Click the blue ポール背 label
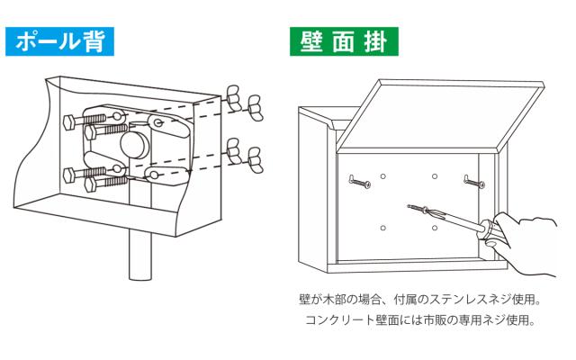coord(59,41)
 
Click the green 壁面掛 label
coord(344,41)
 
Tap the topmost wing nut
coord(233,95)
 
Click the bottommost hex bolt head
coord(90,184)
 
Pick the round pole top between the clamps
coord(134,145)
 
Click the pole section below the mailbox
coord(140,255)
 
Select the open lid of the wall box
coord(440,116)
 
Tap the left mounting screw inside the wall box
coord(359,182)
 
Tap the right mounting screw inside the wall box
coord(474,182)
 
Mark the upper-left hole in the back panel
coord(382,176)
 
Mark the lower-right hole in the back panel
coord(435,228)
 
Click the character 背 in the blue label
coord(92,41)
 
